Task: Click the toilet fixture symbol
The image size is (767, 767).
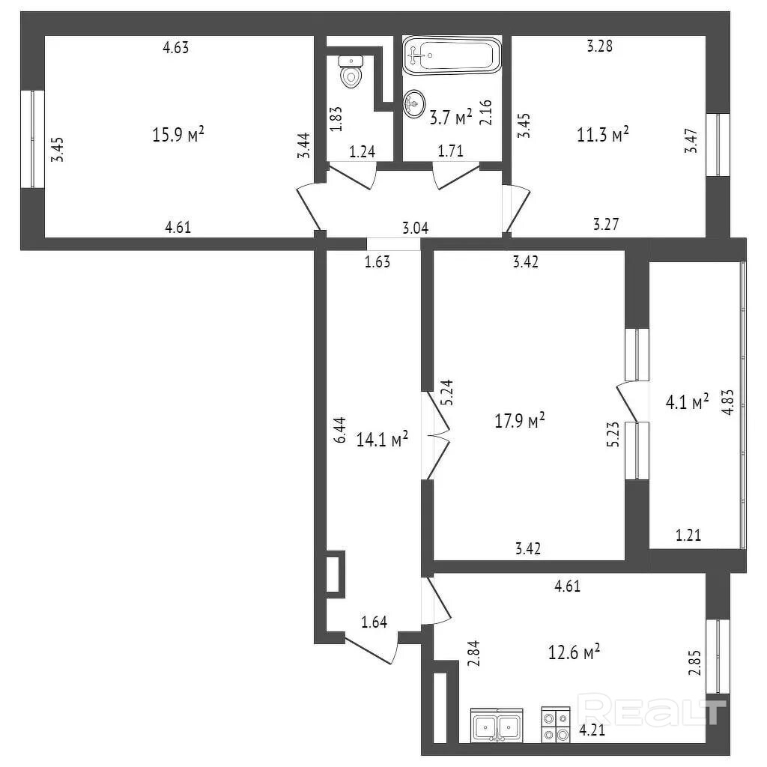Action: click(350, 70)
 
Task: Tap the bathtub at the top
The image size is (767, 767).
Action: click(452, 55)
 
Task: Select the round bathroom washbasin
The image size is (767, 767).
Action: click(413, 103)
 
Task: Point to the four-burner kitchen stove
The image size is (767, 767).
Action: click(556, 725)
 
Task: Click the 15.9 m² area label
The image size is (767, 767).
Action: click(179, 135)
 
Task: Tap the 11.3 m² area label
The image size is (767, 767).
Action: click(602, 134)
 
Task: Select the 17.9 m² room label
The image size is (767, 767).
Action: click(519, 420)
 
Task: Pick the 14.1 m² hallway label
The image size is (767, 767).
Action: click(382, 438)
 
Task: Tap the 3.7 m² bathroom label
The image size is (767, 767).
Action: click(450, 116)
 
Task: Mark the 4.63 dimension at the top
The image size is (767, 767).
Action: click(176, 48)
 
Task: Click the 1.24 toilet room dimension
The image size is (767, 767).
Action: click(362, 151)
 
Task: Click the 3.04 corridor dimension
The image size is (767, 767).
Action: click(416, 228)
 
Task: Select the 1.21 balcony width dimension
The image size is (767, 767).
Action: click(688, 535)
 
